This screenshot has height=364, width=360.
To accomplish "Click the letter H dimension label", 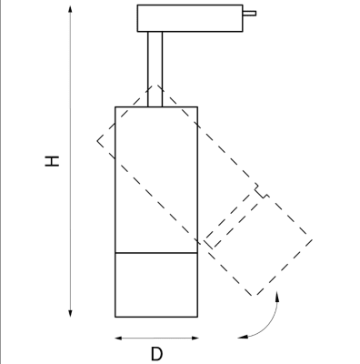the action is click(52, 161).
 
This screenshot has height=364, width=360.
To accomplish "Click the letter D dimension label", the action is click(156, 354).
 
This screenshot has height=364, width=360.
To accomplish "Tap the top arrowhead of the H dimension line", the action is click(70, 8).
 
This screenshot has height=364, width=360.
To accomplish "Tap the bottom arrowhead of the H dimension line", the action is click(70, 314).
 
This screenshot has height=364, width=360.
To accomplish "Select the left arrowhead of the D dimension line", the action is click(118, 338).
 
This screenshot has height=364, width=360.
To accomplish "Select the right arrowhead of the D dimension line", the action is click(195, 338).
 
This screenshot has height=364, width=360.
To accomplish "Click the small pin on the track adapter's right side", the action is click(249, 14).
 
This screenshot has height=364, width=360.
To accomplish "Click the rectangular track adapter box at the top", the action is click(190, 18).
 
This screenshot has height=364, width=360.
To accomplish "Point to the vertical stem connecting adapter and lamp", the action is click(155, 69).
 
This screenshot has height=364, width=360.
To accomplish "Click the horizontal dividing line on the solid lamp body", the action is click(156, 252).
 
